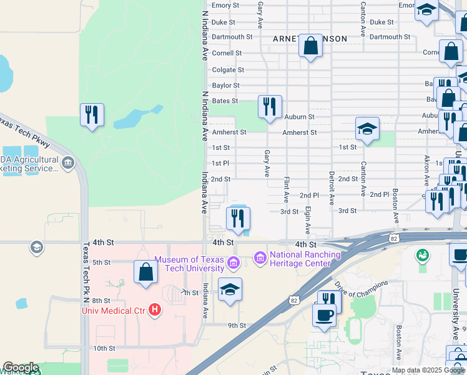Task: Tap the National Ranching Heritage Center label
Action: coord(305,259)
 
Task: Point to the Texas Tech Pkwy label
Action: coord(25,132)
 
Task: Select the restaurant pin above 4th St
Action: coord(237,218)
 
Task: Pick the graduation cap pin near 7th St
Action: coord(230,289)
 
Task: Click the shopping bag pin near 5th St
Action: coord(145,272)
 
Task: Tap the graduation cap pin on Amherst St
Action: coord(367,129)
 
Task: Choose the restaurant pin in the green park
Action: coord(92,114)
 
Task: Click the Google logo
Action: coord(21,367)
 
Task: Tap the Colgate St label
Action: coord(228,70)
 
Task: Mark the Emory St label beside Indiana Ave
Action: coord(225,6)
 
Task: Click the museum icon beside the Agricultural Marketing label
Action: coord(68,164)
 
